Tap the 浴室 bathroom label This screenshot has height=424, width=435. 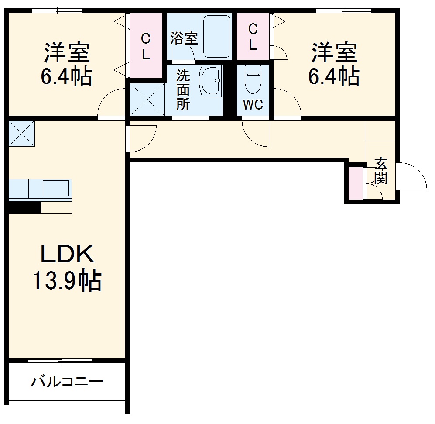pos(184,38)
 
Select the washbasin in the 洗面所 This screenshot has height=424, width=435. pos(211,81)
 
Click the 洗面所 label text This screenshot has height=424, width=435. pos(183,90)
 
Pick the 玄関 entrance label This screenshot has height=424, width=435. pos(381,171)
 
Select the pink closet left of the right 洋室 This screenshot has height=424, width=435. pos(253,37)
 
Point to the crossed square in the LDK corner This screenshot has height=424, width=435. pos(21,133)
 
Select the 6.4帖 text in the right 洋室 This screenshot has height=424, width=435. pos(334,77)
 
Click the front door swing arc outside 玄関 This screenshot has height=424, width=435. pos(413,176)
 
